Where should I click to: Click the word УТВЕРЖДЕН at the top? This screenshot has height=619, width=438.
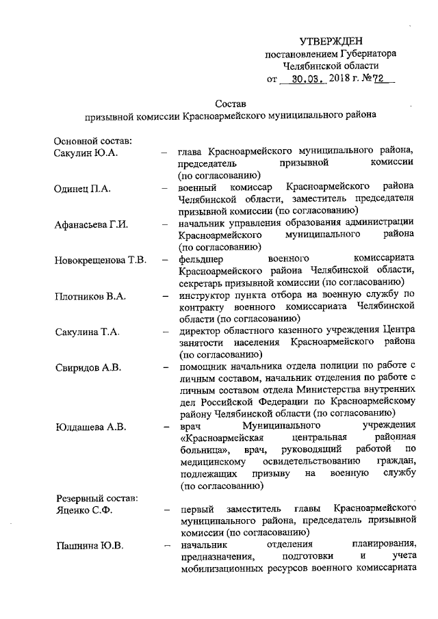331,42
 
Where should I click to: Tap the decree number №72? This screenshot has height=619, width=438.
374,79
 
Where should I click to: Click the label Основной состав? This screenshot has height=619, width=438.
93,140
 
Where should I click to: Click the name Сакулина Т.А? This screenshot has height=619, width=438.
88,332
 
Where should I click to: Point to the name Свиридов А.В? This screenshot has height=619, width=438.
88,368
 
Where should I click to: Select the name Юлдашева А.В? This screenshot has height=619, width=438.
90,428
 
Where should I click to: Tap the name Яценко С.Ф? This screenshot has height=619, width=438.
82,510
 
